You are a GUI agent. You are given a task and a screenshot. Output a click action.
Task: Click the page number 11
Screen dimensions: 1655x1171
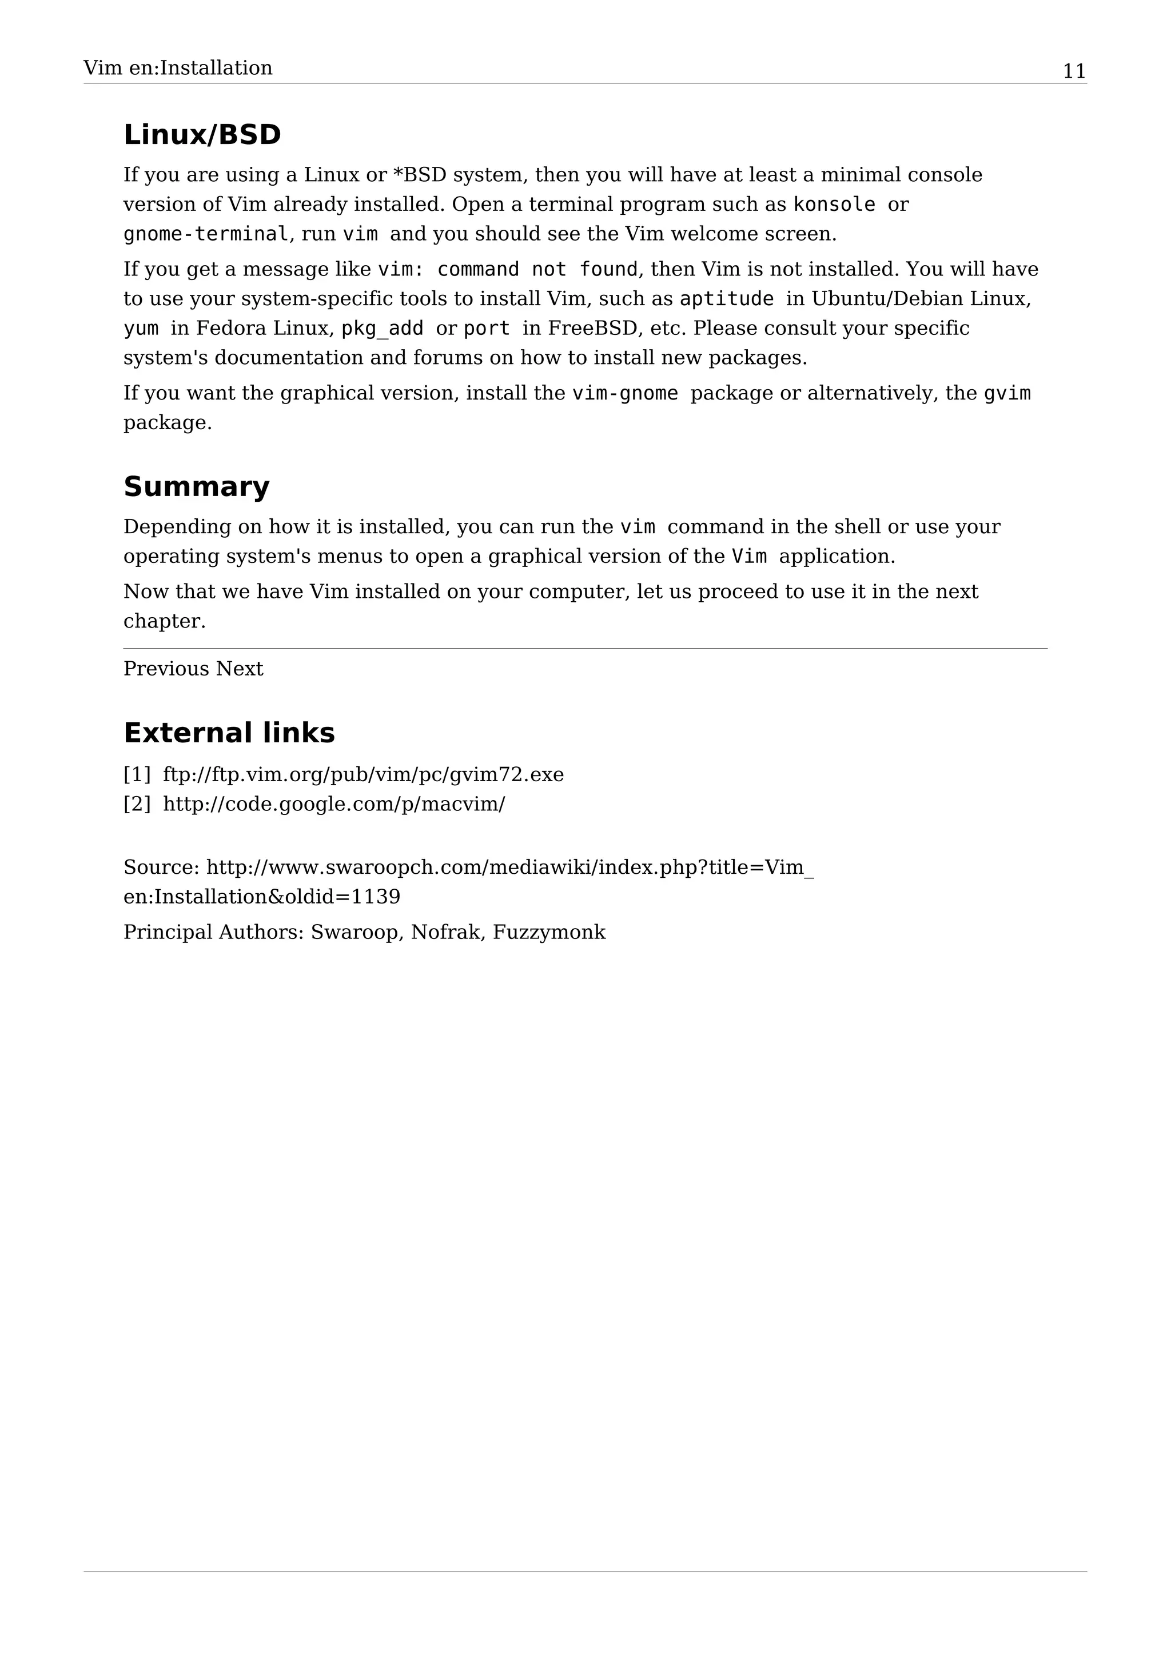click(x=1074, y=71)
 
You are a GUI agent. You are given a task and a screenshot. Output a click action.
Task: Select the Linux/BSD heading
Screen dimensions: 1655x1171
click(x=202, y=135)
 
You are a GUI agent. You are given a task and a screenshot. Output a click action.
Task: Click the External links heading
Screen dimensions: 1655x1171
click(x=229, y=733)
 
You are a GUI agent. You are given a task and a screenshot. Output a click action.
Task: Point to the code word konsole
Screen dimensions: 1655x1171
click(x=834, y=205)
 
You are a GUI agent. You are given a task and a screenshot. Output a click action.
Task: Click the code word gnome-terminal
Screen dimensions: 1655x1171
click(x=205, y=234)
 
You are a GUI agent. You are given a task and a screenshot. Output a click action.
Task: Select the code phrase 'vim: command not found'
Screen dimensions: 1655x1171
click(x=508, y=270)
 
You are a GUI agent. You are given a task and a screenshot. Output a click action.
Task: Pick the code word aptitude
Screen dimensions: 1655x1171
click(x=726, y=299)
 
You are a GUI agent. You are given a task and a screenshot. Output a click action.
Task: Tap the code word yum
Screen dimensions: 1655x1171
click(x=141, y=329)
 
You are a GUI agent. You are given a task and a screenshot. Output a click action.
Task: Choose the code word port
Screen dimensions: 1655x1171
click(x=486, y=329)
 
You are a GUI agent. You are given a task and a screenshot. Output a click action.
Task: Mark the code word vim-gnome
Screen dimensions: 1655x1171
click(x=624, y=394)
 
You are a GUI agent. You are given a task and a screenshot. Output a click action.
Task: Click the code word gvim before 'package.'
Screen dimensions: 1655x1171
click(x=1007, y=394)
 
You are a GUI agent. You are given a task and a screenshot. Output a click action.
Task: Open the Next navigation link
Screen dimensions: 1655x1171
click(x=240, y=669)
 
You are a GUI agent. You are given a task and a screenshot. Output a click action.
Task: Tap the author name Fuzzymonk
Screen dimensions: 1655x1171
click(x=549, y=933)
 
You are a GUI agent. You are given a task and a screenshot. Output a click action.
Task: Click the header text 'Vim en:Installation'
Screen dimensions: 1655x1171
click(x=177, y=69)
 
